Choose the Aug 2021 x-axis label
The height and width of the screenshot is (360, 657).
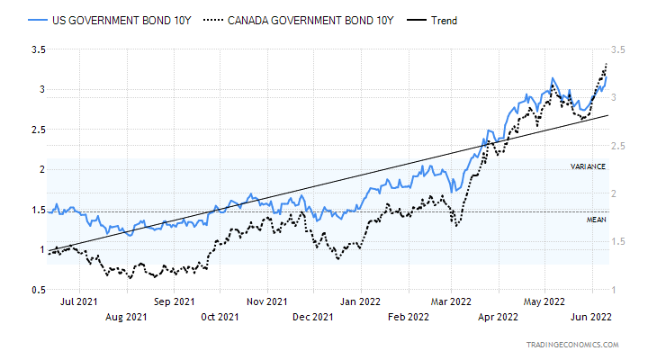127,316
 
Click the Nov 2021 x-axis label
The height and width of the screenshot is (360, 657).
265,302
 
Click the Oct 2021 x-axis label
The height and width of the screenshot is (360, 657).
220,316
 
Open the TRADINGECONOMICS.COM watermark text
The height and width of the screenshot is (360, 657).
573,345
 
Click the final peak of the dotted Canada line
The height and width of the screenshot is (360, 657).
607,64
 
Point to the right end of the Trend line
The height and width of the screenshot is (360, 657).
608,115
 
